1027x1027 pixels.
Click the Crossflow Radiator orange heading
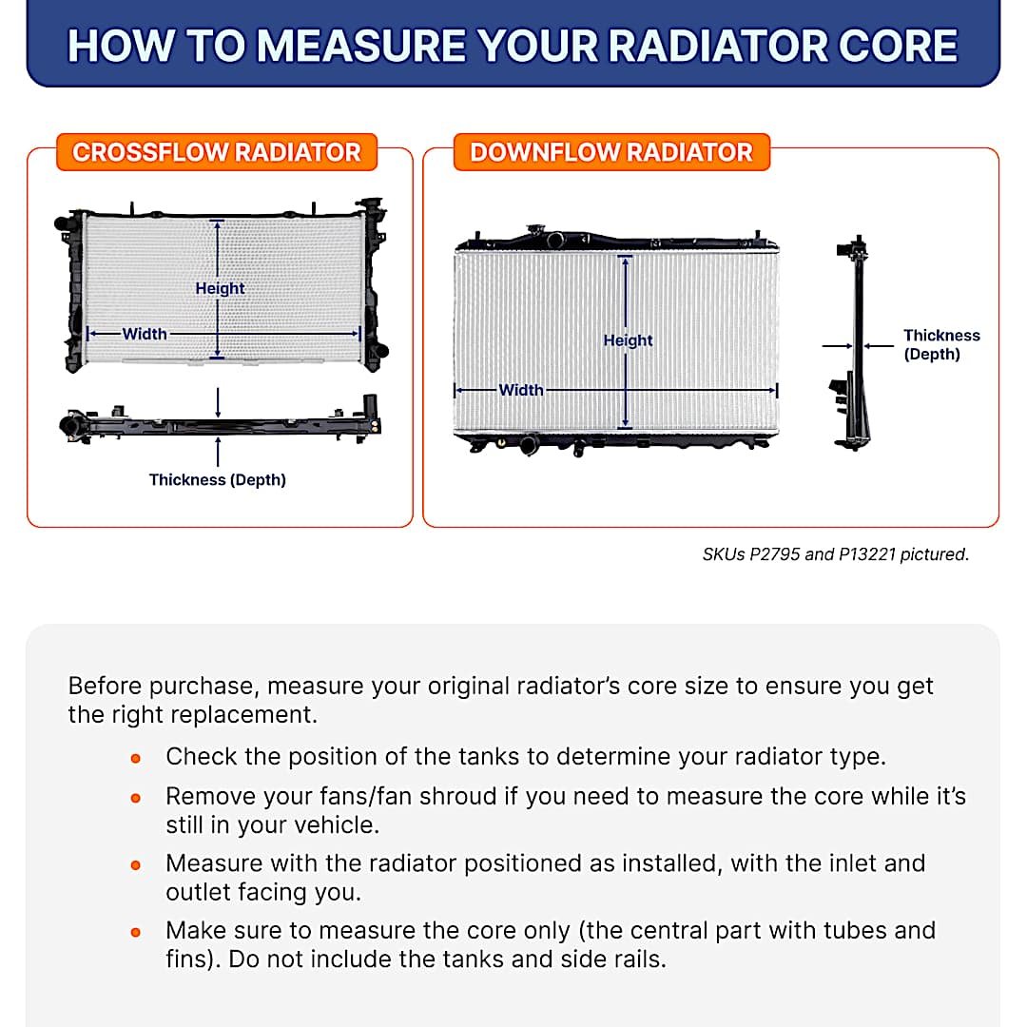click(x=217, y=152)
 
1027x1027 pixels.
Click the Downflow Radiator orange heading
click(x=610, y=152)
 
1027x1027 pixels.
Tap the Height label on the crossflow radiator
click(x=220, y=288)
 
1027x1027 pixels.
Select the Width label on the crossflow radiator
click(x=145, y=334)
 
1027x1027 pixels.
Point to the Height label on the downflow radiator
click(x=628, y=340)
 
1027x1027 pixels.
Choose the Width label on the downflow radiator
click(x=521, y=390)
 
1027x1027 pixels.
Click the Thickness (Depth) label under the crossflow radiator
click(x=218, y=480)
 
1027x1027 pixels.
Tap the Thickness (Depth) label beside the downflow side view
click(x=940, y=344)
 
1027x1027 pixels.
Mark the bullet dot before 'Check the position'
click(x=136, y=759)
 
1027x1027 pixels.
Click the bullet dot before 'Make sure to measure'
click(x=136, y=932)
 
